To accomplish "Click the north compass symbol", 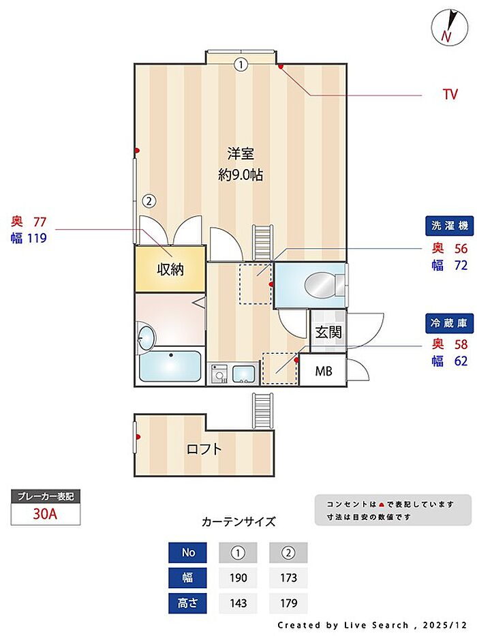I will [447, 27].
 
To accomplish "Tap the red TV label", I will [450, 95].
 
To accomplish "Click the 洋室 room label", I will [241, 153].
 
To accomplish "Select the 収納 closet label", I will [170, 269].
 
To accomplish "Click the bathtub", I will [170, 366].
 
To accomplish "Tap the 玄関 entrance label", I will [327, 333].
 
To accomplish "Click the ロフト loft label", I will [204, 449].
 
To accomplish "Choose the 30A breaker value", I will [46, 514].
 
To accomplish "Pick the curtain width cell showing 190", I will [238, 577].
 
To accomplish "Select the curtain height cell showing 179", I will [288, 603].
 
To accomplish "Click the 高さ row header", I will [187, 603].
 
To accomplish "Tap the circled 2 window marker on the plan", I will [149, 201].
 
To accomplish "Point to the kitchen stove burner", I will [219, 374].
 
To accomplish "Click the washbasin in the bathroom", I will [146, 338].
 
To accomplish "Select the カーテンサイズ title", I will [238, 522].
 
